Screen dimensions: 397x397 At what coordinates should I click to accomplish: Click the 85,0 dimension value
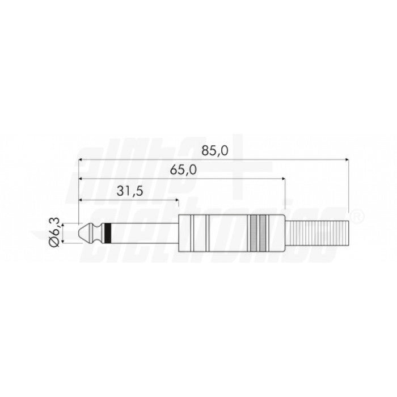pos(214,151)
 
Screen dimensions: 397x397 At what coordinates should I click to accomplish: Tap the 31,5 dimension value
pos(129,192)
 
